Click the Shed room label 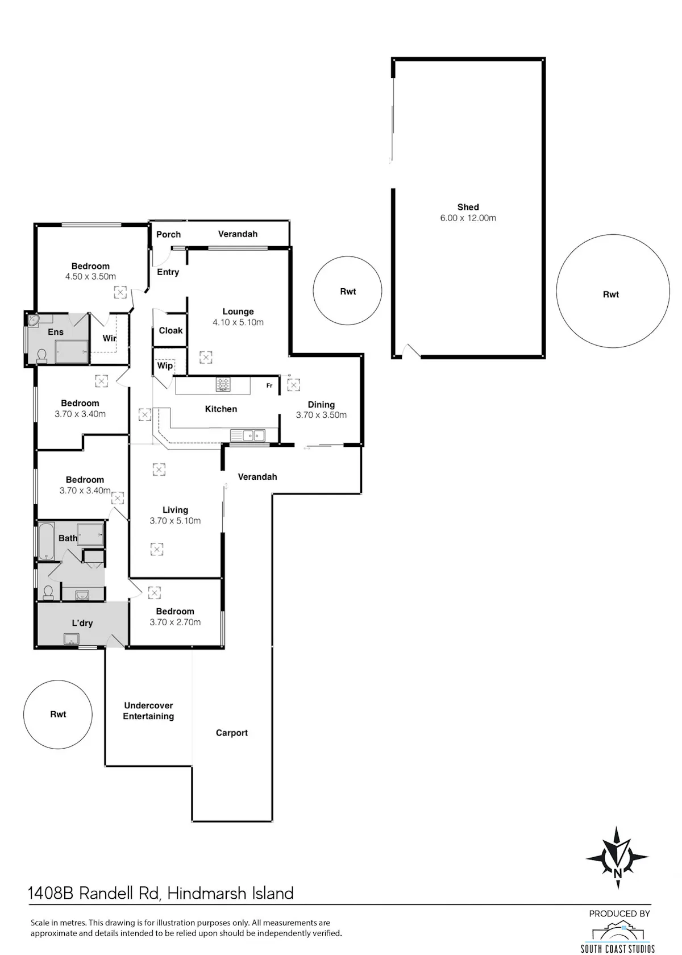[x=468, y=207]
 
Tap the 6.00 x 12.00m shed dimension [x=468, y=218]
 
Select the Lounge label [x=238, y=312]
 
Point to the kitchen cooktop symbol [x=223, y=384]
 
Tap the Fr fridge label [x=269, y=385]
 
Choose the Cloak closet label [x=170, y=330]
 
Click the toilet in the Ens [x=42, y=356]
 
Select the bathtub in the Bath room [x=45, y=541]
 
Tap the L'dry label [x=82, y=623]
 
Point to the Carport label [x=231, y=733]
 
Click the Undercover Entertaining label [x=148, y=711]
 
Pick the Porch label [x=168, y=234]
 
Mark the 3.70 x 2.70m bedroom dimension [x=175, y=622]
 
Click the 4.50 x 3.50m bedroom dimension [x=90, y=276]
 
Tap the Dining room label [x=321, y=405]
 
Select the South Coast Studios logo [x=618, y=936]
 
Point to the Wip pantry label [x=165, y=366]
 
